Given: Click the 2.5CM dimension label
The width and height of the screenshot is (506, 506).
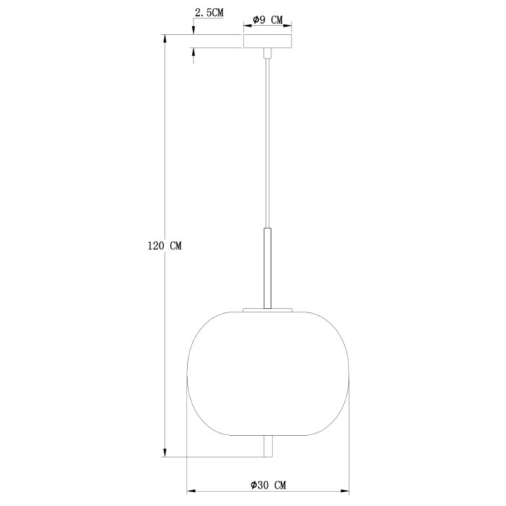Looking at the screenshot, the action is tap(209, 12).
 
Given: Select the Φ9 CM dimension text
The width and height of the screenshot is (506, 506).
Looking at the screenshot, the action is tap(267, 20).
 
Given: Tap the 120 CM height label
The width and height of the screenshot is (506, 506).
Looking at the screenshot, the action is tap(165, 246).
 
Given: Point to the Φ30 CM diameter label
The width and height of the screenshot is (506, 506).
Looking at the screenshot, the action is tap(268, 485).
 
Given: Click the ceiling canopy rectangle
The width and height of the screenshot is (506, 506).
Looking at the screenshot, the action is tap(267, 41).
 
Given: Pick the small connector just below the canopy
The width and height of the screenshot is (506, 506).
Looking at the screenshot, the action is tap(267, 53).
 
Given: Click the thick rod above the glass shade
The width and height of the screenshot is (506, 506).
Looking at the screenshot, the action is tap(267, 268).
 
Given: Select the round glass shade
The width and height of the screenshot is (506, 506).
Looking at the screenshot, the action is tap(268, 374).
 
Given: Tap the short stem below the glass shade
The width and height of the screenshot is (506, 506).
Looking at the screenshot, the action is tap(268, 446).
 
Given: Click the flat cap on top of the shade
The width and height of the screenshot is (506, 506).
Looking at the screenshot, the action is tap(267, 310).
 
